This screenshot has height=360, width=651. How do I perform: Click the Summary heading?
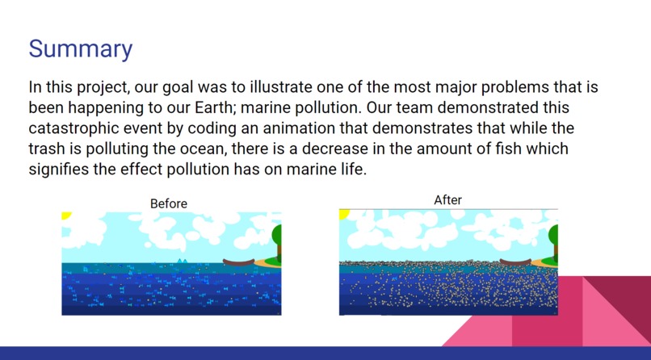80,48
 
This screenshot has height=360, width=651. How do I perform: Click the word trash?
46,149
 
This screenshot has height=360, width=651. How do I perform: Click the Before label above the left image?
169,203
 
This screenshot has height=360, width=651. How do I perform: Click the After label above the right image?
447,199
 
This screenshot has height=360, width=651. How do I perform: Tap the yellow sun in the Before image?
65,216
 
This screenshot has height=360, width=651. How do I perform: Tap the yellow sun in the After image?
343,214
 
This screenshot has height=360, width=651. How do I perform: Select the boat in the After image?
514,262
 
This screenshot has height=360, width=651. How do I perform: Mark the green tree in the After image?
553,237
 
